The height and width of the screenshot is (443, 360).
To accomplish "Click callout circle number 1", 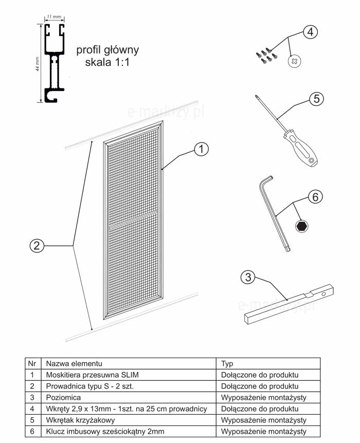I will [x=202, y=149].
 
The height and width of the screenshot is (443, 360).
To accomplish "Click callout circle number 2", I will [x=35, y=245].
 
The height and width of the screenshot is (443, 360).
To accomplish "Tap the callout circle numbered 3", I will [x=248, y=277].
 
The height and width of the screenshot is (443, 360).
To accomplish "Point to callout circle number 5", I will [x=316, y=99].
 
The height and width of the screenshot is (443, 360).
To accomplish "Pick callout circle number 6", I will [x=316, y=197].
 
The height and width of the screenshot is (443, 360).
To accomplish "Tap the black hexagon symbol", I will [x=302, y=225].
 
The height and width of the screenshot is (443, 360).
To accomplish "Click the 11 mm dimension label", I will [x=53, y=17].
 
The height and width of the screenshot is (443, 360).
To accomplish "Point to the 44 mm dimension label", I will [x=38, y=63].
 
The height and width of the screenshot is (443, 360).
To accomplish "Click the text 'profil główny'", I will [x=107, y=50].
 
